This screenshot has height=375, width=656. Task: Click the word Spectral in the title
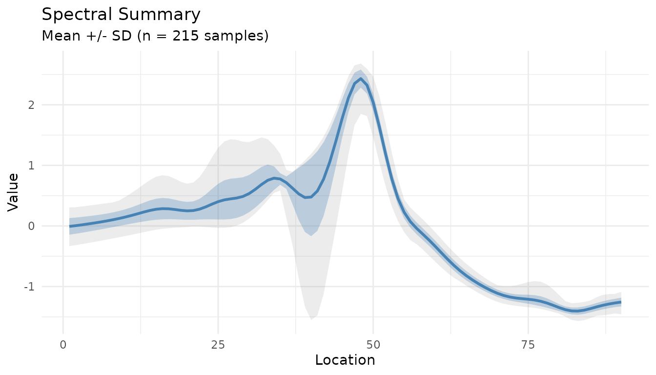(71, 15)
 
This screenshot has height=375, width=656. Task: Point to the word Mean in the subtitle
(57, 36)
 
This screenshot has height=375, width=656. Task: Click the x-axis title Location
(345, 360)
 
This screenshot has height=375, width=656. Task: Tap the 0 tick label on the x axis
(63, 344)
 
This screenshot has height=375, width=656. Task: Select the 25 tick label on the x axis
(218, 344)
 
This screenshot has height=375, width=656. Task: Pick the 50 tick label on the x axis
(373, 344)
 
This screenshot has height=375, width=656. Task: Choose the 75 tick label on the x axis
(529, 344)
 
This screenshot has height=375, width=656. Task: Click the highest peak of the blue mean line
(361, 79)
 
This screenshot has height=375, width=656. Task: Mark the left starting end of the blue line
(69, 226)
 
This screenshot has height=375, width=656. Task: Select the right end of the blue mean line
(621, 302)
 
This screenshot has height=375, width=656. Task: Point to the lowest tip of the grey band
(311, 319)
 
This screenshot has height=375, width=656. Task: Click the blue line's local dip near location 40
(307, 197)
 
